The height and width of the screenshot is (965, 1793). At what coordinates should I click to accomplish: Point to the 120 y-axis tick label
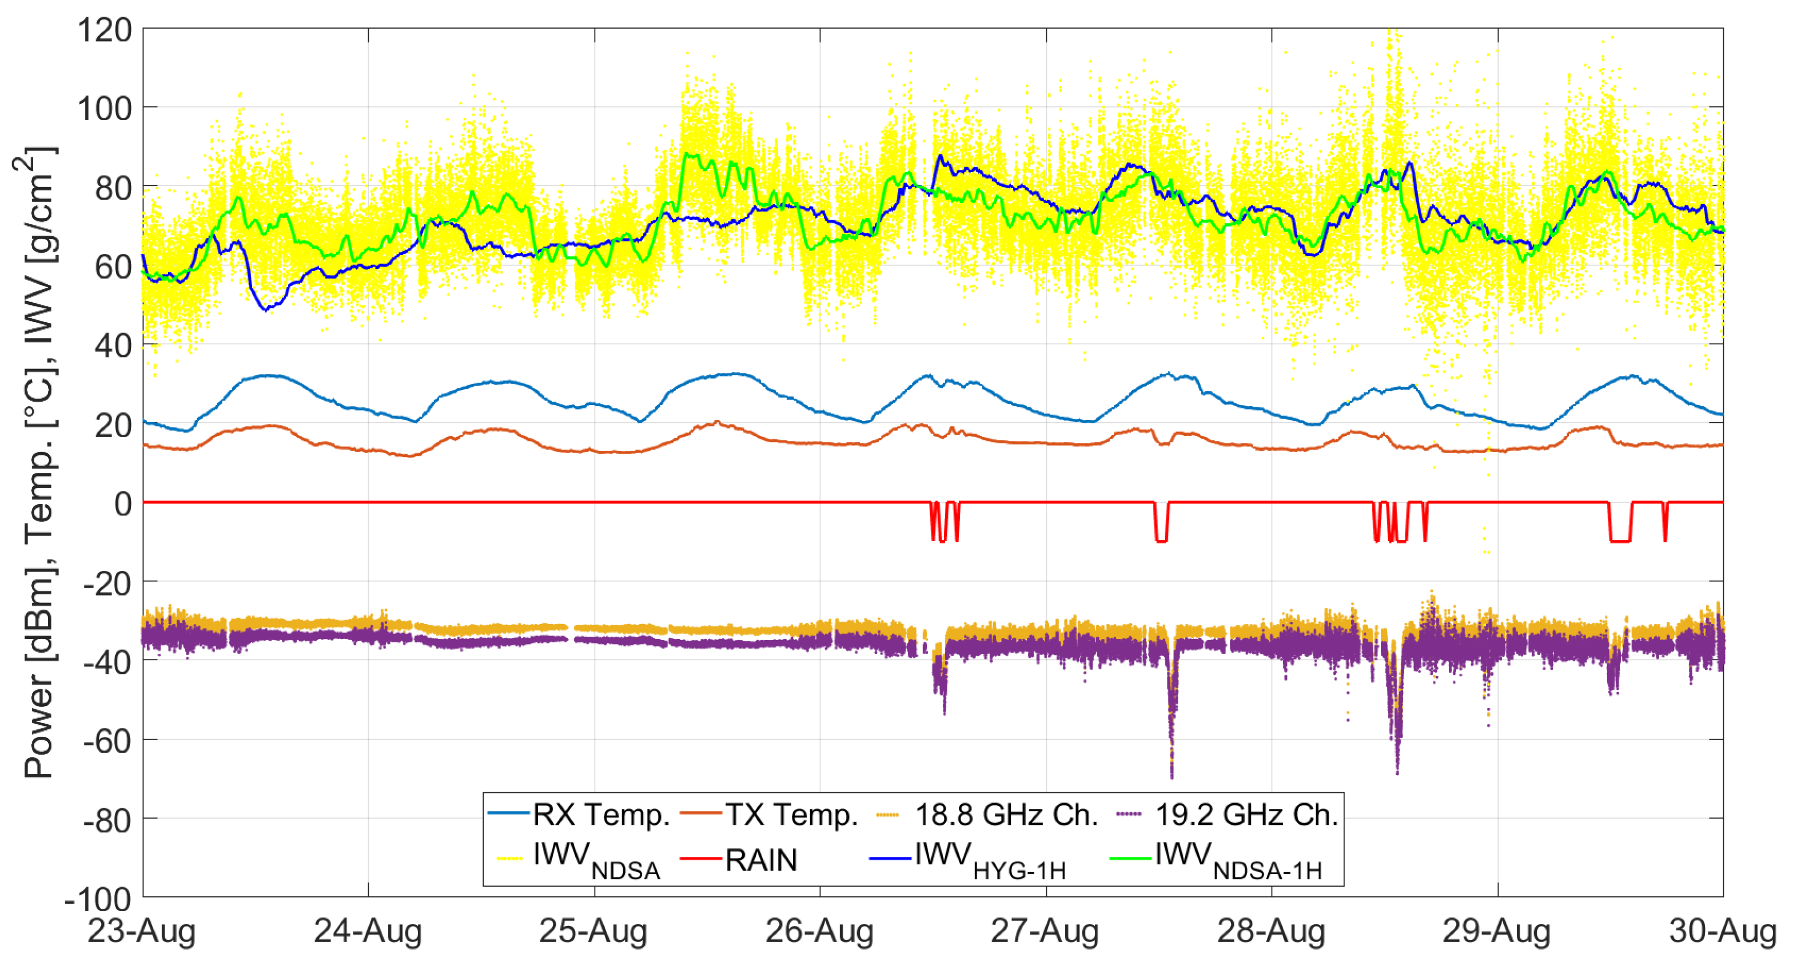(105, 31)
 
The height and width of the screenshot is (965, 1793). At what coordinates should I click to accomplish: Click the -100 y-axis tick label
(98, 900)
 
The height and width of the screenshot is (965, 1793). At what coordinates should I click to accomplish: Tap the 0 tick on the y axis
(123, 503)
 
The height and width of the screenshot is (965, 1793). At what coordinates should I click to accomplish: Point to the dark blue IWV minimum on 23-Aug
(265, 309)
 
